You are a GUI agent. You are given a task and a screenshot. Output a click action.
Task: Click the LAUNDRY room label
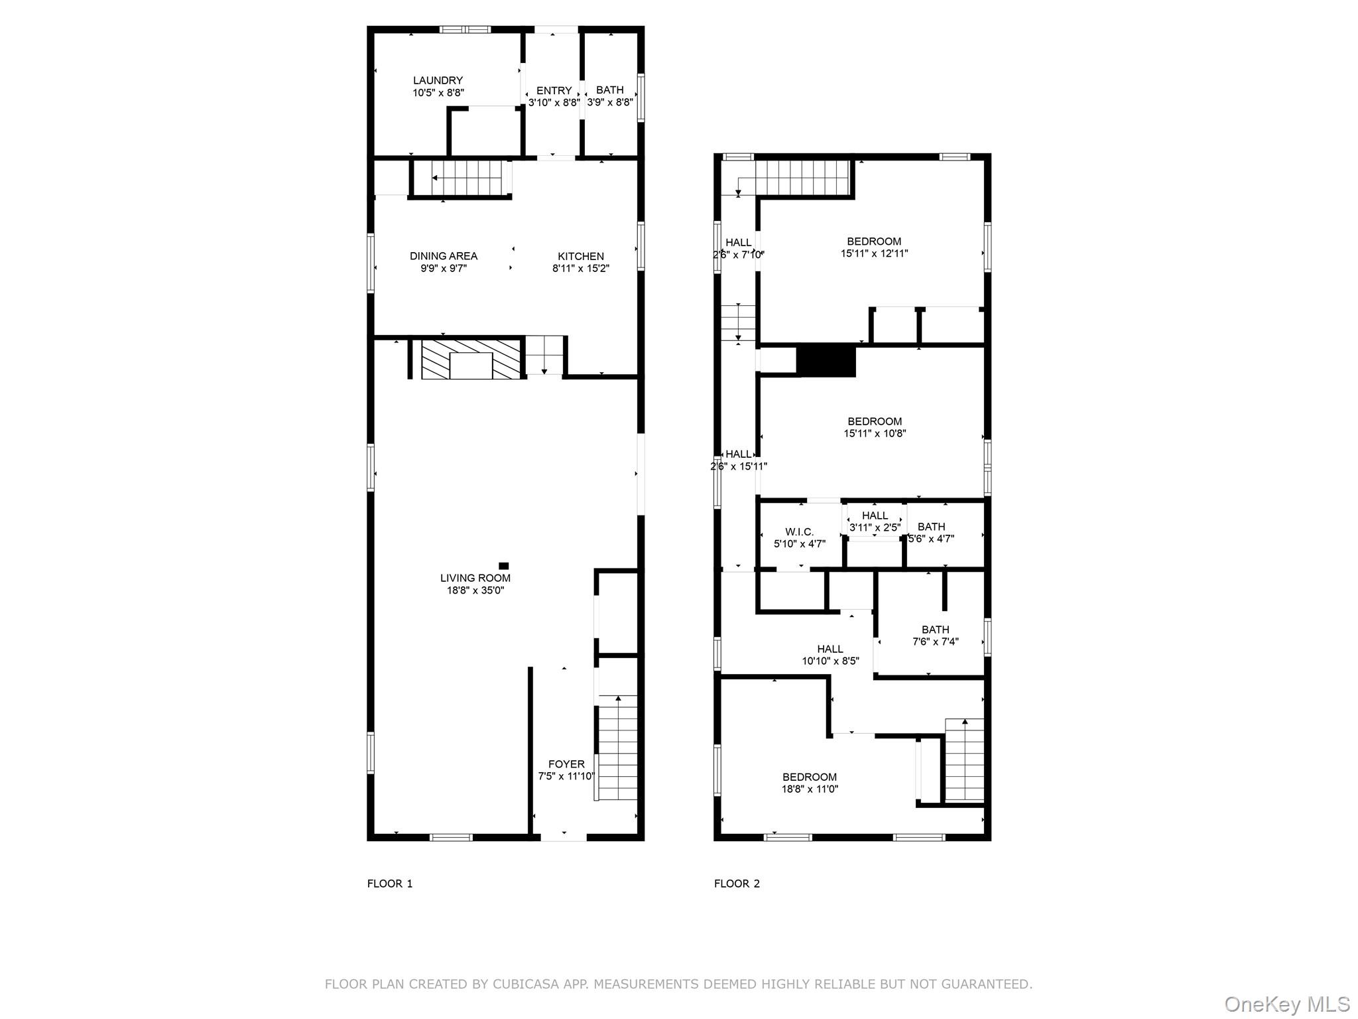click(438, 80)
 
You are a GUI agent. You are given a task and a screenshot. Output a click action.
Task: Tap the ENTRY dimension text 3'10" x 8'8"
click(554, 103)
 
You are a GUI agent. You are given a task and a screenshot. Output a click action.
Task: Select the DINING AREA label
click(443, 256)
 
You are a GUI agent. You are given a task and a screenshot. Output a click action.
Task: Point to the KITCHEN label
click(580, 256)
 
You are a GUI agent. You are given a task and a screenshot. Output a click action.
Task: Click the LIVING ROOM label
click(475, 578)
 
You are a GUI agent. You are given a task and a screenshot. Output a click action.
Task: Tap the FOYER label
click(566, 764)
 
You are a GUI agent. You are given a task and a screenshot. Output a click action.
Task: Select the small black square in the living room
click(503, 566)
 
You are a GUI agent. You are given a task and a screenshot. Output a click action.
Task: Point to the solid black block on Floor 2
click(826, 361)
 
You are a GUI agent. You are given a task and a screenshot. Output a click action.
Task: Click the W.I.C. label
click(799, 532)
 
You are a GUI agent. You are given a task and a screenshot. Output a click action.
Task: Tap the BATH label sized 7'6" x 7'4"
click(935, 630)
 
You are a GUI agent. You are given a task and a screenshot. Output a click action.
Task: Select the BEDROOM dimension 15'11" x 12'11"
click(874, 253)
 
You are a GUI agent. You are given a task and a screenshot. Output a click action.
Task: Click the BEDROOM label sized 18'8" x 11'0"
click(809, 777)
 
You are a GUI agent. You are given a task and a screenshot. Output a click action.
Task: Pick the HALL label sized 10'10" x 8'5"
click(830, 649)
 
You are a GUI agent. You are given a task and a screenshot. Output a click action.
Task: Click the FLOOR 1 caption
click(390, 884)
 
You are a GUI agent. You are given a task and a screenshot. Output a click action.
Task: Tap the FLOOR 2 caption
click(737, 884)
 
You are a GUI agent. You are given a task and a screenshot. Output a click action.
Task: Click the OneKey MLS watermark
click(1286, 1004)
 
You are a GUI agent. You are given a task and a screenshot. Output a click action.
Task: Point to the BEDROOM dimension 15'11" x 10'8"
click(874, 434)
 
